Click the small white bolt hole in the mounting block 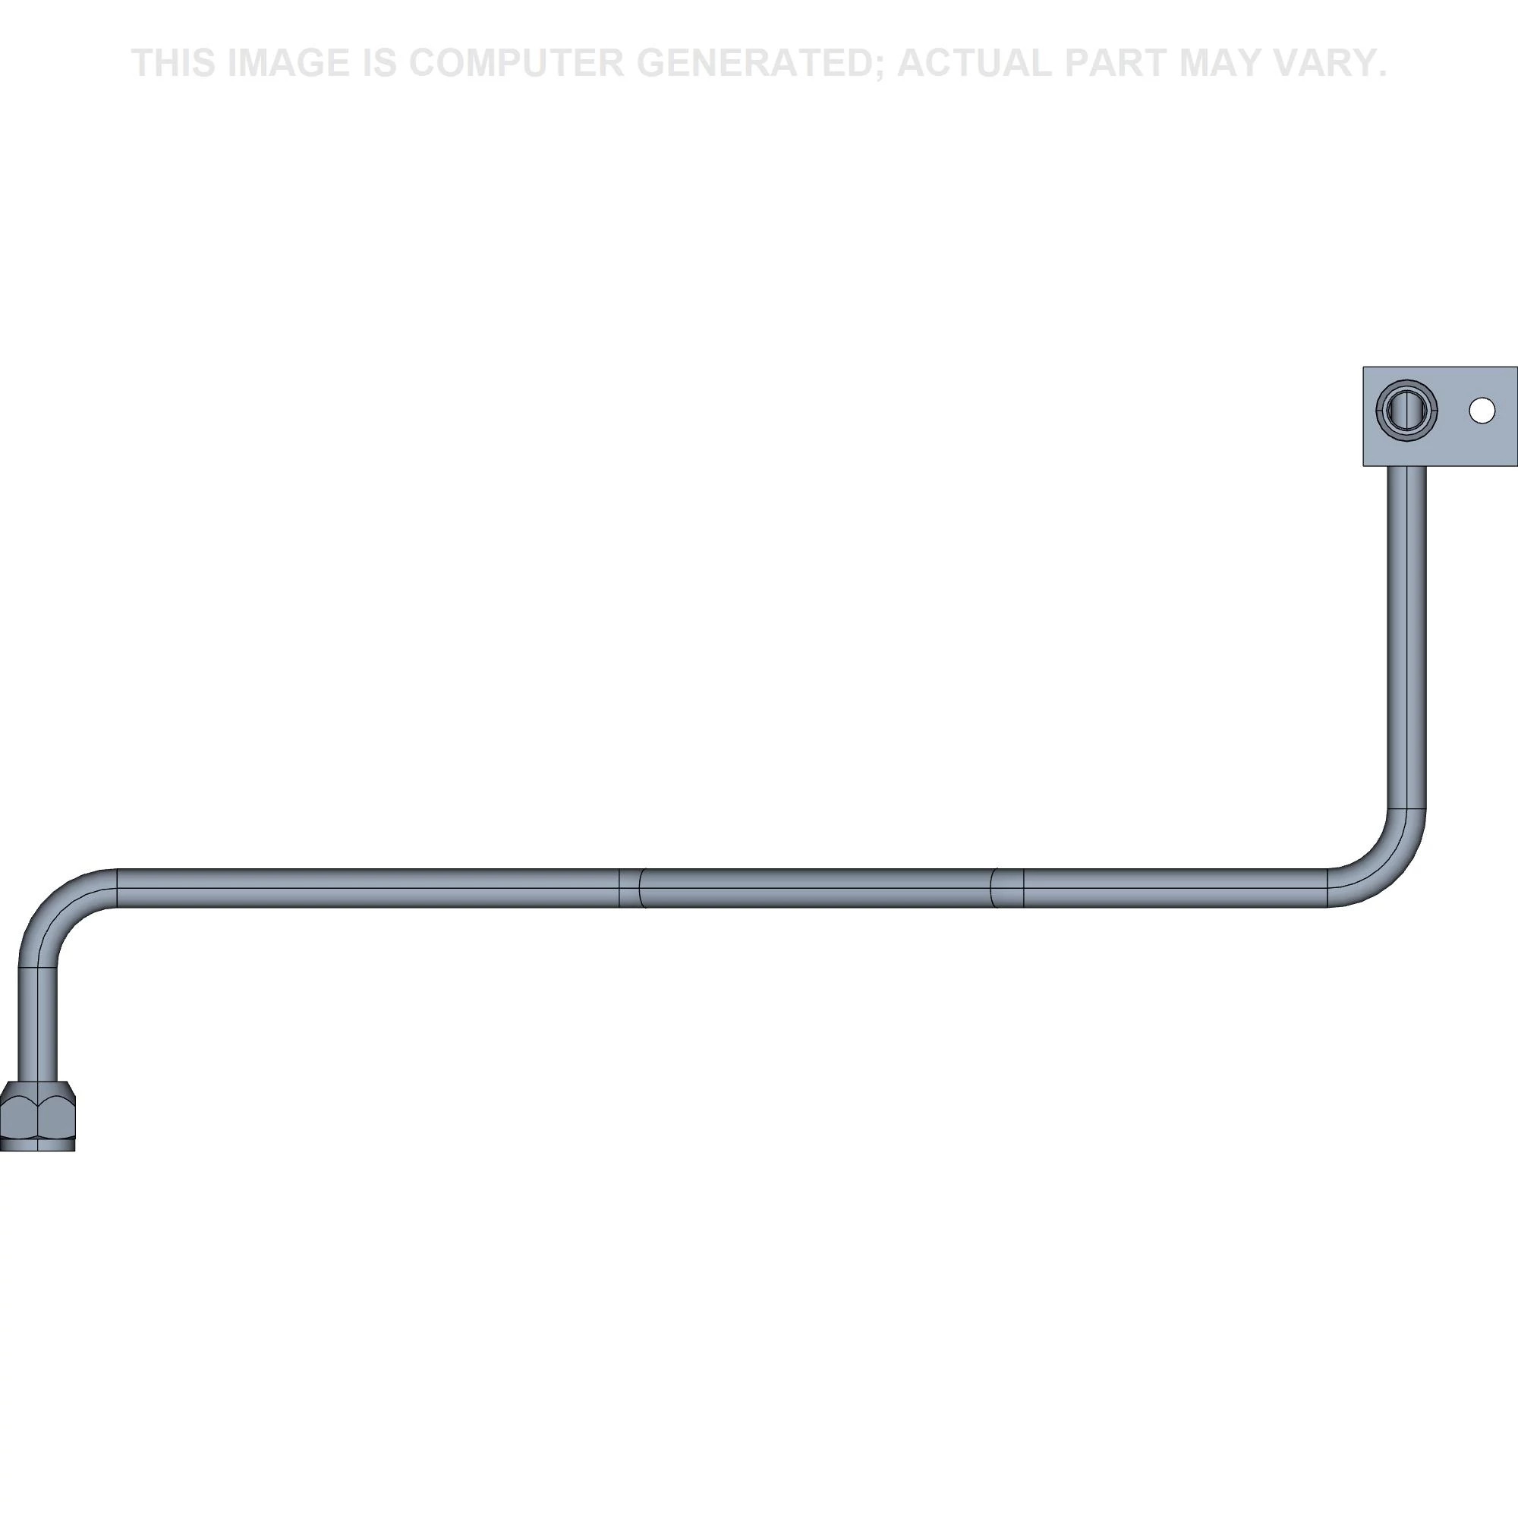tap(1482, 410)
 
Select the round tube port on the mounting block tap(1406, 411)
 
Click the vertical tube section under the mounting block tap(1406, 638)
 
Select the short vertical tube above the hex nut tap(38, 1024)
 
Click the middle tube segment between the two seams tap(817, 888)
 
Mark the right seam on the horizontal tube tap(1008, 888)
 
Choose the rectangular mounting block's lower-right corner tap(1516, 465)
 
